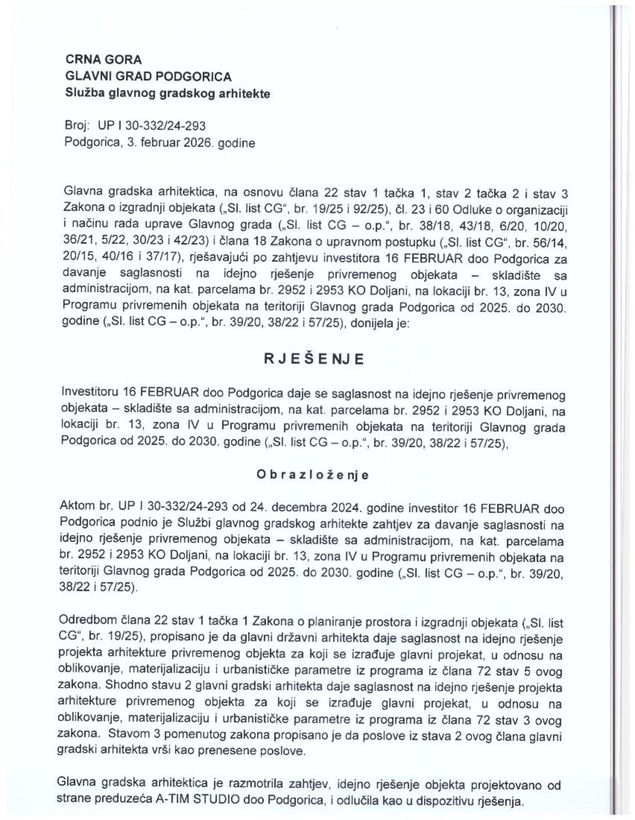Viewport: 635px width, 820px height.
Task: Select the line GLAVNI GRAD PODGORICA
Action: [x=149, y=76]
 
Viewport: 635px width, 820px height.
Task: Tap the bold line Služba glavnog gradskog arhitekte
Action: [x=168, y=93]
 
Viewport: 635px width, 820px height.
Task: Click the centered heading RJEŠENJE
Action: [x=313, y=359]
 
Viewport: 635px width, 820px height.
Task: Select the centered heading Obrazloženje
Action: [x=313, y=475]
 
